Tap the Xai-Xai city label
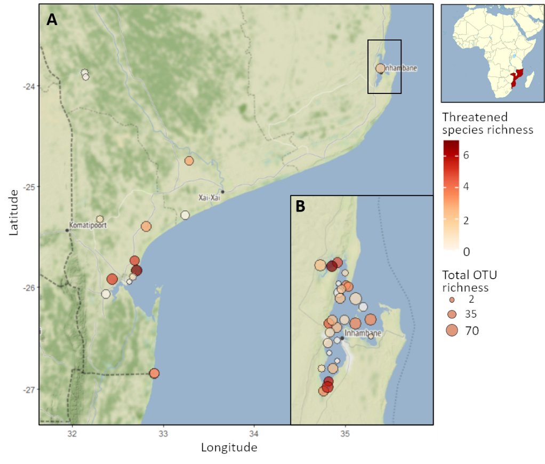(209, 198)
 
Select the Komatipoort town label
(88, 225)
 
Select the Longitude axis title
(229, 447)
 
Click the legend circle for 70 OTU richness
(452, 331)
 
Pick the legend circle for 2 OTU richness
(452, 300)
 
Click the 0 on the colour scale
(467, 251)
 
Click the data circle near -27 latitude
(154, 373)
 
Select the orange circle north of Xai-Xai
(189, 161)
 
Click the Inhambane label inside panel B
(363, 333)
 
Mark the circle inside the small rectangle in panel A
(380, 68)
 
